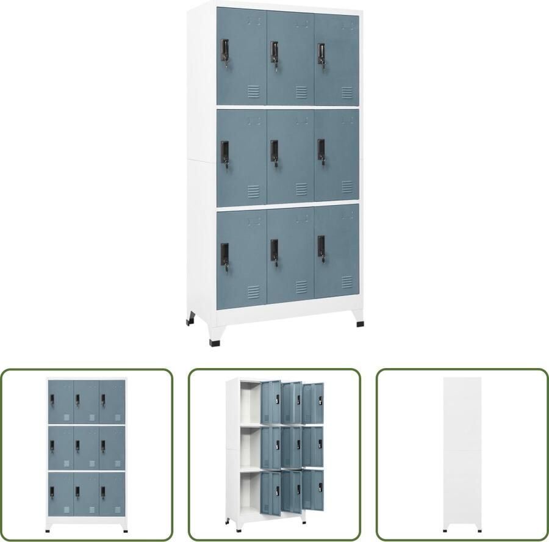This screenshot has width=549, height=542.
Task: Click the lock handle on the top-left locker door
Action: pyautogui.click(x=224, y=53)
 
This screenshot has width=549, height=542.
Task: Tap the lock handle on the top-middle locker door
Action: pyautogui.click(x=274, y=54)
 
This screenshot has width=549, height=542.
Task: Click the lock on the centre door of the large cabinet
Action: pyautogui.click(x=274, y=152)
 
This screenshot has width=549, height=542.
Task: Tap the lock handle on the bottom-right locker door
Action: pyautogui.click(x=321, y=247)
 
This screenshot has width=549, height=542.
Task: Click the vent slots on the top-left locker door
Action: pyautogui.click(x=253, y=92)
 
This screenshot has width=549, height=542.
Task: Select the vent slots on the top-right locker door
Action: pyautogui.click(x=347, y=92)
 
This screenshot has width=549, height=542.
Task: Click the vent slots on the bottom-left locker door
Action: pyautogui.click(x=253, y=291)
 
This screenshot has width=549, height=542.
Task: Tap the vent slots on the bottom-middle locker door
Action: pyautogui.click(x=301, y=286)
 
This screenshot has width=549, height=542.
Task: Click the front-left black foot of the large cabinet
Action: pyautogui.click(x=215, y=342)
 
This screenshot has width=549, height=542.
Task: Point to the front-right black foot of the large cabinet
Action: pyautogui.click(x=359, y=322)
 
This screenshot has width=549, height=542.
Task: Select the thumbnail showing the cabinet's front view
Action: pyautogui.click(x=87, y=454)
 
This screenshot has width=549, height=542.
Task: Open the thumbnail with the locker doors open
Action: pyautogui.click(x=274, y=454)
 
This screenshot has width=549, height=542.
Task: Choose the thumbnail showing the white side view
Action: pyautogui.click(x=462, y=454)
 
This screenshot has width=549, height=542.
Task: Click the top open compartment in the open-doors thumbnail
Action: pyautogui.click(x=250, y=403)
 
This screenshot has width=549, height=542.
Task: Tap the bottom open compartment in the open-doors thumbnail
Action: pyautogui.click(x=250, y=491)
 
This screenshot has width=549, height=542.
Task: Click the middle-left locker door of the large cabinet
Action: pyautogui.click(x=241, y=157)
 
